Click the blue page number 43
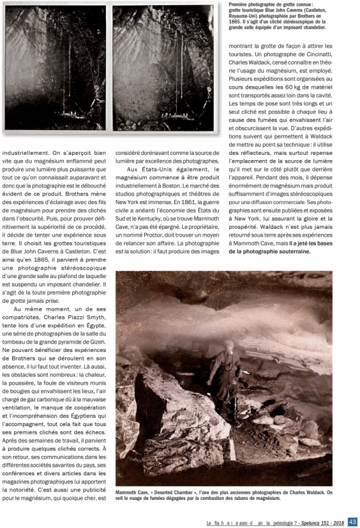coord(352,522)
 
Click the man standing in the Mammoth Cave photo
coord(225,373)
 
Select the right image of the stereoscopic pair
coord(162,67)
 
